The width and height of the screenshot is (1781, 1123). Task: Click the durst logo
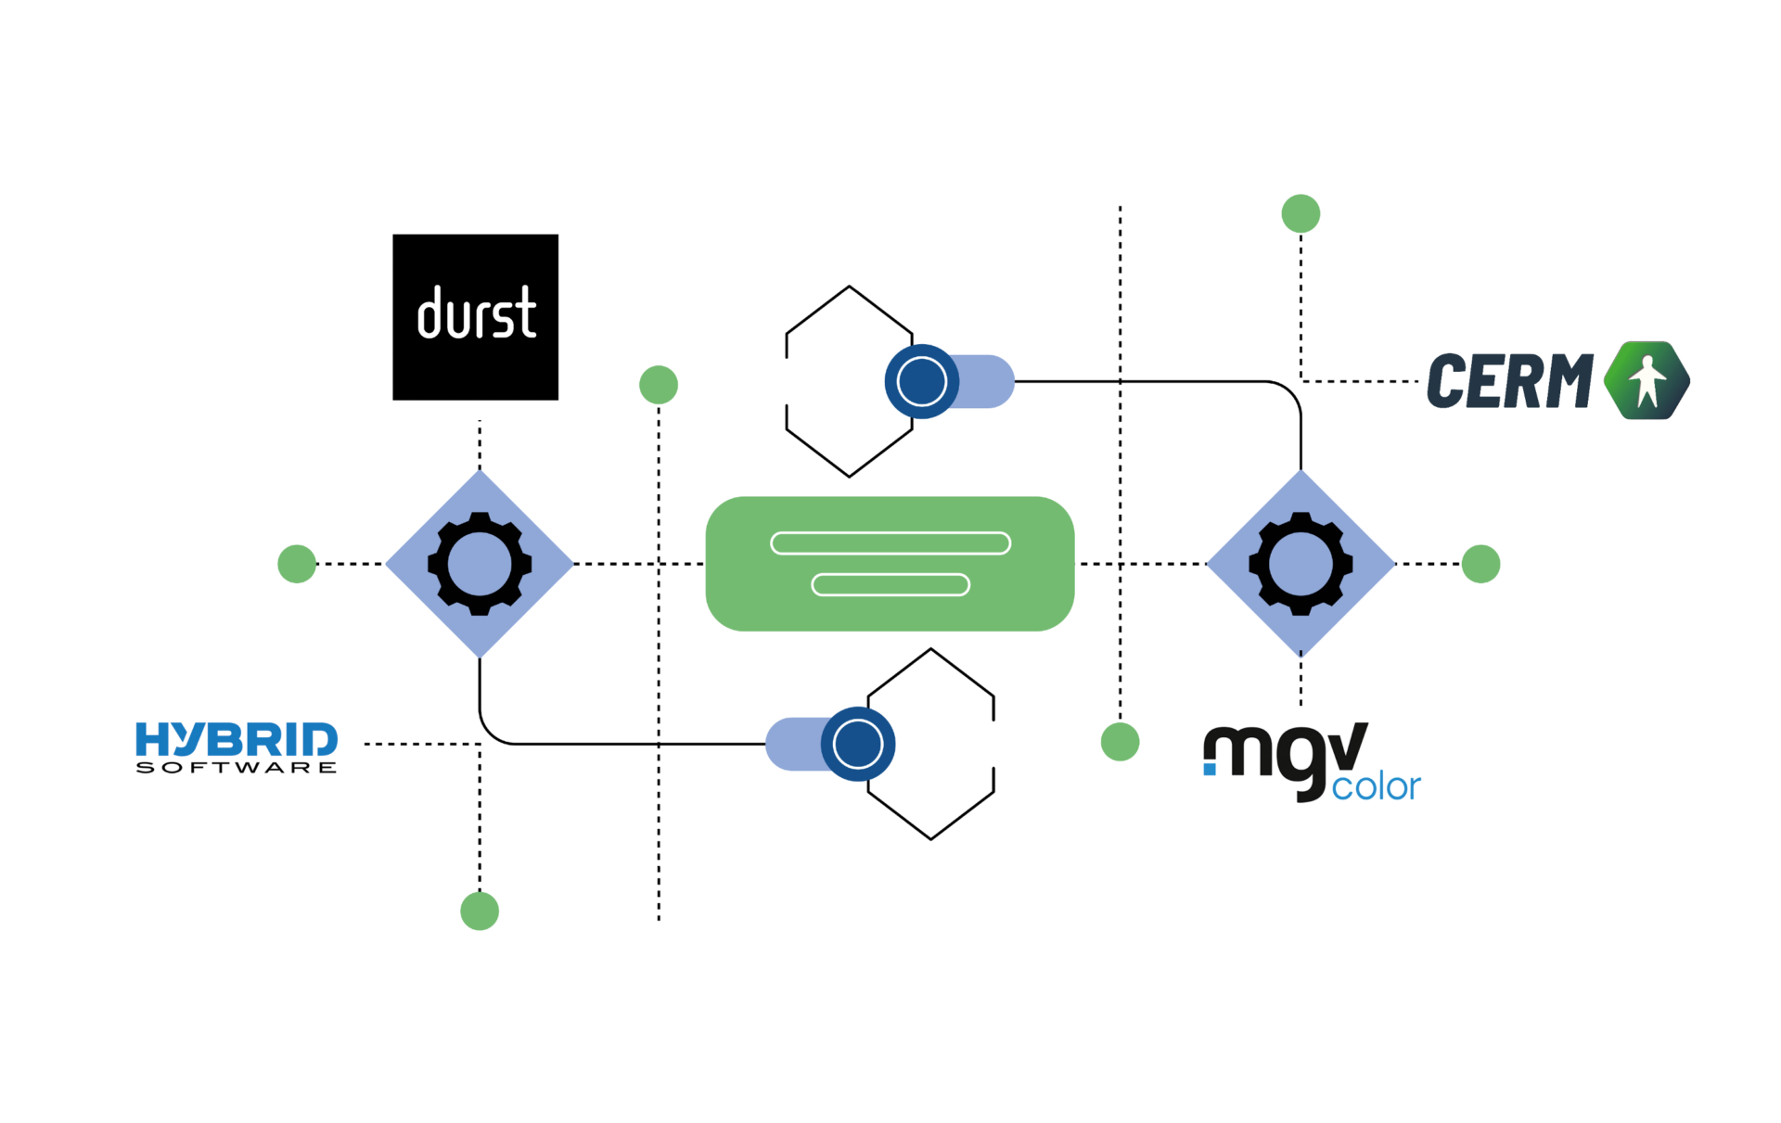click(x=475, y=317)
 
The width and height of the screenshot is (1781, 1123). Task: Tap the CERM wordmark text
click(x=1509, y=381)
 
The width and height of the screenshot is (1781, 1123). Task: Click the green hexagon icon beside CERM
click(x=1646, y=380)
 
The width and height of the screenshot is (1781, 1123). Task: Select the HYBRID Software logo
click(x=237, y=747)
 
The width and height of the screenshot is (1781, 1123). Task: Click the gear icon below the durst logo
click(x=480, y=564)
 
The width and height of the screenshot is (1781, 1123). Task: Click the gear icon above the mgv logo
click(x=1301, y=564)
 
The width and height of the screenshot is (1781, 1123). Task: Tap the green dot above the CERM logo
click(x=1301, y=214)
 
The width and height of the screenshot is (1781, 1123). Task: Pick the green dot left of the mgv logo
click(x=1120, y=742)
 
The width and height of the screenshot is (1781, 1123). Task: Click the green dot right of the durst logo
click(x=659, y=385)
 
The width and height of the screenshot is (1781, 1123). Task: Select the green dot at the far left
click(x=297, y=564)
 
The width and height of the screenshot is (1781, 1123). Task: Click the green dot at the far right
click(x=1480, y=564)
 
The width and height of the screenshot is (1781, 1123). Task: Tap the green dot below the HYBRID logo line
click(x=480, y=912)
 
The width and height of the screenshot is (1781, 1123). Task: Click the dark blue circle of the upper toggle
click(x=922, y=381)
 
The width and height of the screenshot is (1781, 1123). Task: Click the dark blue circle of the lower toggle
click(x=858, y=744)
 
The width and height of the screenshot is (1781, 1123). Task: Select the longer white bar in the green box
click(x=890, y=543)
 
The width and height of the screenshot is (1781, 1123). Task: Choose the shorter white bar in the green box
click(x=890, y=584)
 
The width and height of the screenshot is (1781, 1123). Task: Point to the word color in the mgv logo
click(x=1376, y=787)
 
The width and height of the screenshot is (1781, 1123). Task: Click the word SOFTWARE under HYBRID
click(x=237, y=768)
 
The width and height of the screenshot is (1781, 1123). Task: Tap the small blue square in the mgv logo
click(x=1210, y=769)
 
